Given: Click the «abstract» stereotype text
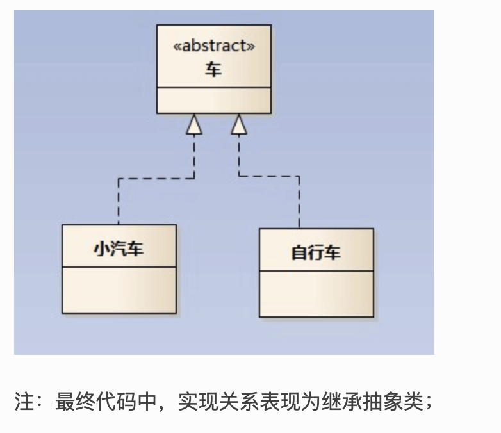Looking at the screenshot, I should pyautogui.click(x=214, y=46).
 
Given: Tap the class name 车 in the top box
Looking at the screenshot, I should pyautogui.click(x=213, y=69).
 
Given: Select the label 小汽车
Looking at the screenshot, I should pyautogui.click(x=119, y=249).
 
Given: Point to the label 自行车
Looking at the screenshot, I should pyautogui.click(x=316, y=252).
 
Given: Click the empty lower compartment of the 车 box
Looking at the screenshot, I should pyautogui.click(x=213, y=101).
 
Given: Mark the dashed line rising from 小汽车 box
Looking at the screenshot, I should pyautogui.click(x=119, y=202).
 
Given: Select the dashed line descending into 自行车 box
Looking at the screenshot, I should pyautogui.click(x=299, y=202).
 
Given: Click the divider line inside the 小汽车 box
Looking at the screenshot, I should pyautogui.click(x=119, y=267).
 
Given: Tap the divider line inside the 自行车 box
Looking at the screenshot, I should pyautogui.click(x=316, y=271).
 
